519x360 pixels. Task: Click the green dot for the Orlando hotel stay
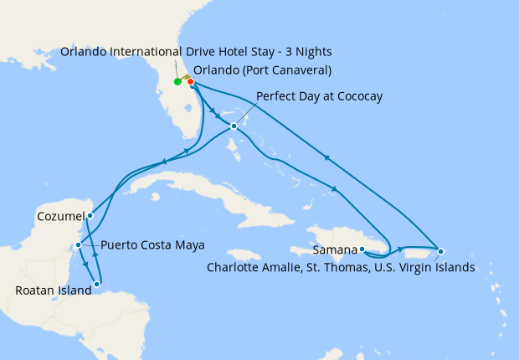coord(177,82)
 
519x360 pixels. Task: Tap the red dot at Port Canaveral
coord(191,82)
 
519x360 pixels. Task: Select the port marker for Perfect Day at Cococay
coord(234,126)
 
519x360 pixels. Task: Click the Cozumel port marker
coord(90,215)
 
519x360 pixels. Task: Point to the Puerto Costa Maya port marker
coord(78,245)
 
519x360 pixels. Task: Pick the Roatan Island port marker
coord(97,284)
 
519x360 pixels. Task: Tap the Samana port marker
coord(362,249)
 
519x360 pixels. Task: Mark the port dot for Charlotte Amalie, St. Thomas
coord(440,251)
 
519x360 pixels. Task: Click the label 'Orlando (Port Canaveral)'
coord(262,69)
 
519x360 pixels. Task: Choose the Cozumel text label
coord(59,216)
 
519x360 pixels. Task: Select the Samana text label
coord(335,249)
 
